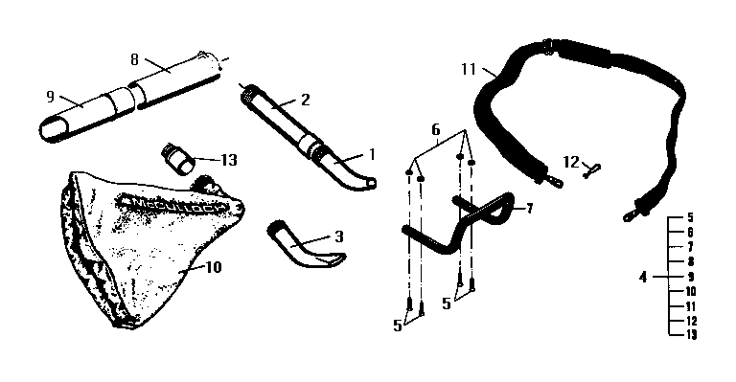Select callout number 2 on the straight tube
[x=305, y=99]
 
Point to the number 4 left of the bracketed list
[x=642, y=278]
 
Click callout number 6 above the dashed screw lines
[x=435, y=128]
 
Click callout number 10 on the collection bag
[x=213, y=267]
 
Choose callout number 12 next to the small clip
[x=572, y=162]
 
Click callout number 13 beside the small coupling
[x=228, y=159]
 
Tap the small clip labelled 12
[x=593, y=168]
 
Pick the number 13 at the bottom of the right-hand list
[x=691, y=334]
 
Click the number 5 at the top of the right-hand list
[x=690, y=218]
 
